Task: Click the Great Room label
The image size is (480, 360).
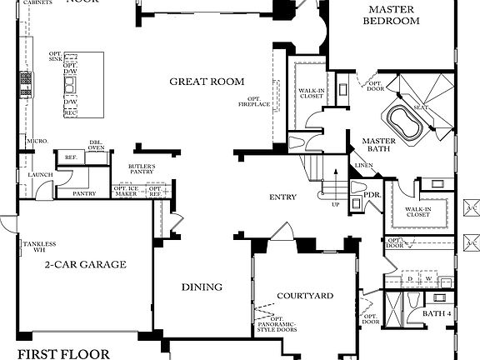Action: click(207, 82)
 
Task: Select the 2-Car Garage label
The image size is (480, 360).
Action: click(85, 265)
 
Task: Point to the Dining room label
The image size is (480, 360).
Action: click(202, 287)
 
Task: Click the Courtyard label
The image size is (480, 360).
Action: click(305, 296)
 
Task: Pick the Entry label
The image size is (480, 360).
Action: click(282, 197)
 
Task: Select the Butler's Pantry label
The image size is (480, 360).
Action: click(142, 170)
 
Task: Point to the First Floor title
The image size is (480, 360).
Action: click(62, 353)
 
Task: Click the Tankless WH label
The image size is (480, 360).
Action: click(39, 247)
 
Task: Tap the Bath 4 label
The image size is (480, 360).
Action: click(437, 313)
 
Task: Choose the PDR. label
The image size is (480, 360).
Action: click(372, 197)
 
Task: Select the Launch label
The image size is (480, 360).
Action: click(40, 175)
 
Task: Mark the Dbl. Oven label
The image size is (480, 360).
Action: click(97, 147)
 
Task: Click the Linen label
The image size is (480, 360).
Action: click(363, 166)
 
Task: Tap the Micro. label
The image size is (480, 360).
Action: click(35, 141)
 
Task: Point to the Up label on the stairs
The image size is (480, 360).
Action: click(335, 204)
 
